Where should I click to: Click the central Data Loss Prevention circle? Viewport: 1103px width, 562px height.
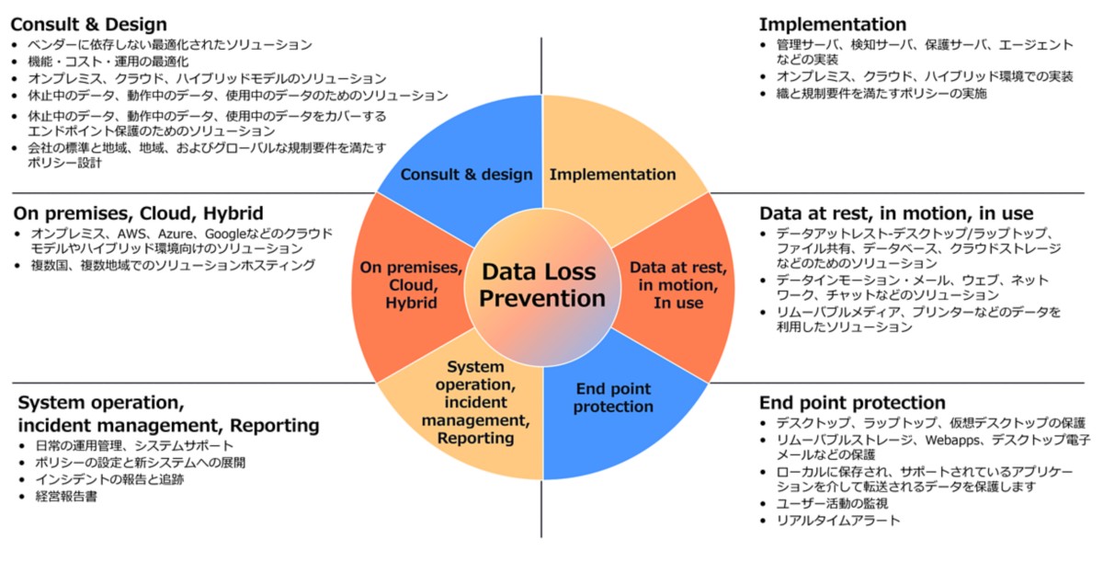coord(542,285)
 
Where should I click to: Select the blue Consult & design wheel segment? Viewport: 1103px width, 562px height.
coord(466,166)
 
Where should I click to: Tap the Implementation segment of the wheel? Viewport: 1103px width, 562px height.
coord(612,166)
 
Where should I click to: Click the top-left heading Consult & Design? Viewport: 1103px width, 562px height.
coord(89,25)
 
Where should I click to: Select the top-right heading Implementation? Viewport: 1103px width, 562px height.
coord(833,25)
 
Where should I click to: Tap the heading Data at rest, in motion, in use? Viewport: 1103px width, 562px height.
coord(896,213)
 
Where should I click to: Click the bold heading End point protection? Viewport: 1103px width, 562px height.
coord(852,403)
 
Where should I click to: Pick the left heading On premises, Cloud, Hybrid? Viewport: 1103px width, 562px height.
coord(139,213)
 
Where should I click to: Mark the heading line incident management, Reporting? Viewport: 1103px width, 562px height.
coord(169,426)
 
